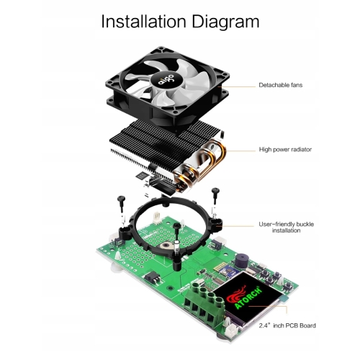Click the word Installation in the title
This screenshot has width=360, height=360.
[x=143, y=22]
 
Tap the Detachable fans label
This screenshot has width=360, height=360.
[x=280, y=85]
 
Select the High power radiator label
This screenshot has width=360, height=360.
[x=285, y=150]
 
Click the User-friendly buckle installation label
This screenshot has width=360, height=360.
[x=286, y=228]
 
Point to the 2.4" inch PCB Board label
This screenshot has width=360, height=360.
[x=287, y=325]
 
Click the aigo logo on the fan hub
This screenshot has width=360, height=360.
[x=166, y=79]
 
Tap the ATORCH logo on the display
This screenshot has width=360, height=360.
[x=244, y=296]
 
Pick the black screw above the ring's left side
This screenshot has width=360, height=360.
[x=121, y=204]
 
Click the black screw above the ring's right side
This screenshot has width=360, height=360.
[x=215, y=196]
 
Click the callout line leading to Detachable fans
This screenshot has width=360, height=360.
[x=238, y=86]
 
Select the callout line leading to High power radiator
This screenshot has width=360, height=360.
[x=240, y=151]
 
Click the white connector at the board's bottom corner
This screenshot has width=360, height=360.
[x=231, y=332]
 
